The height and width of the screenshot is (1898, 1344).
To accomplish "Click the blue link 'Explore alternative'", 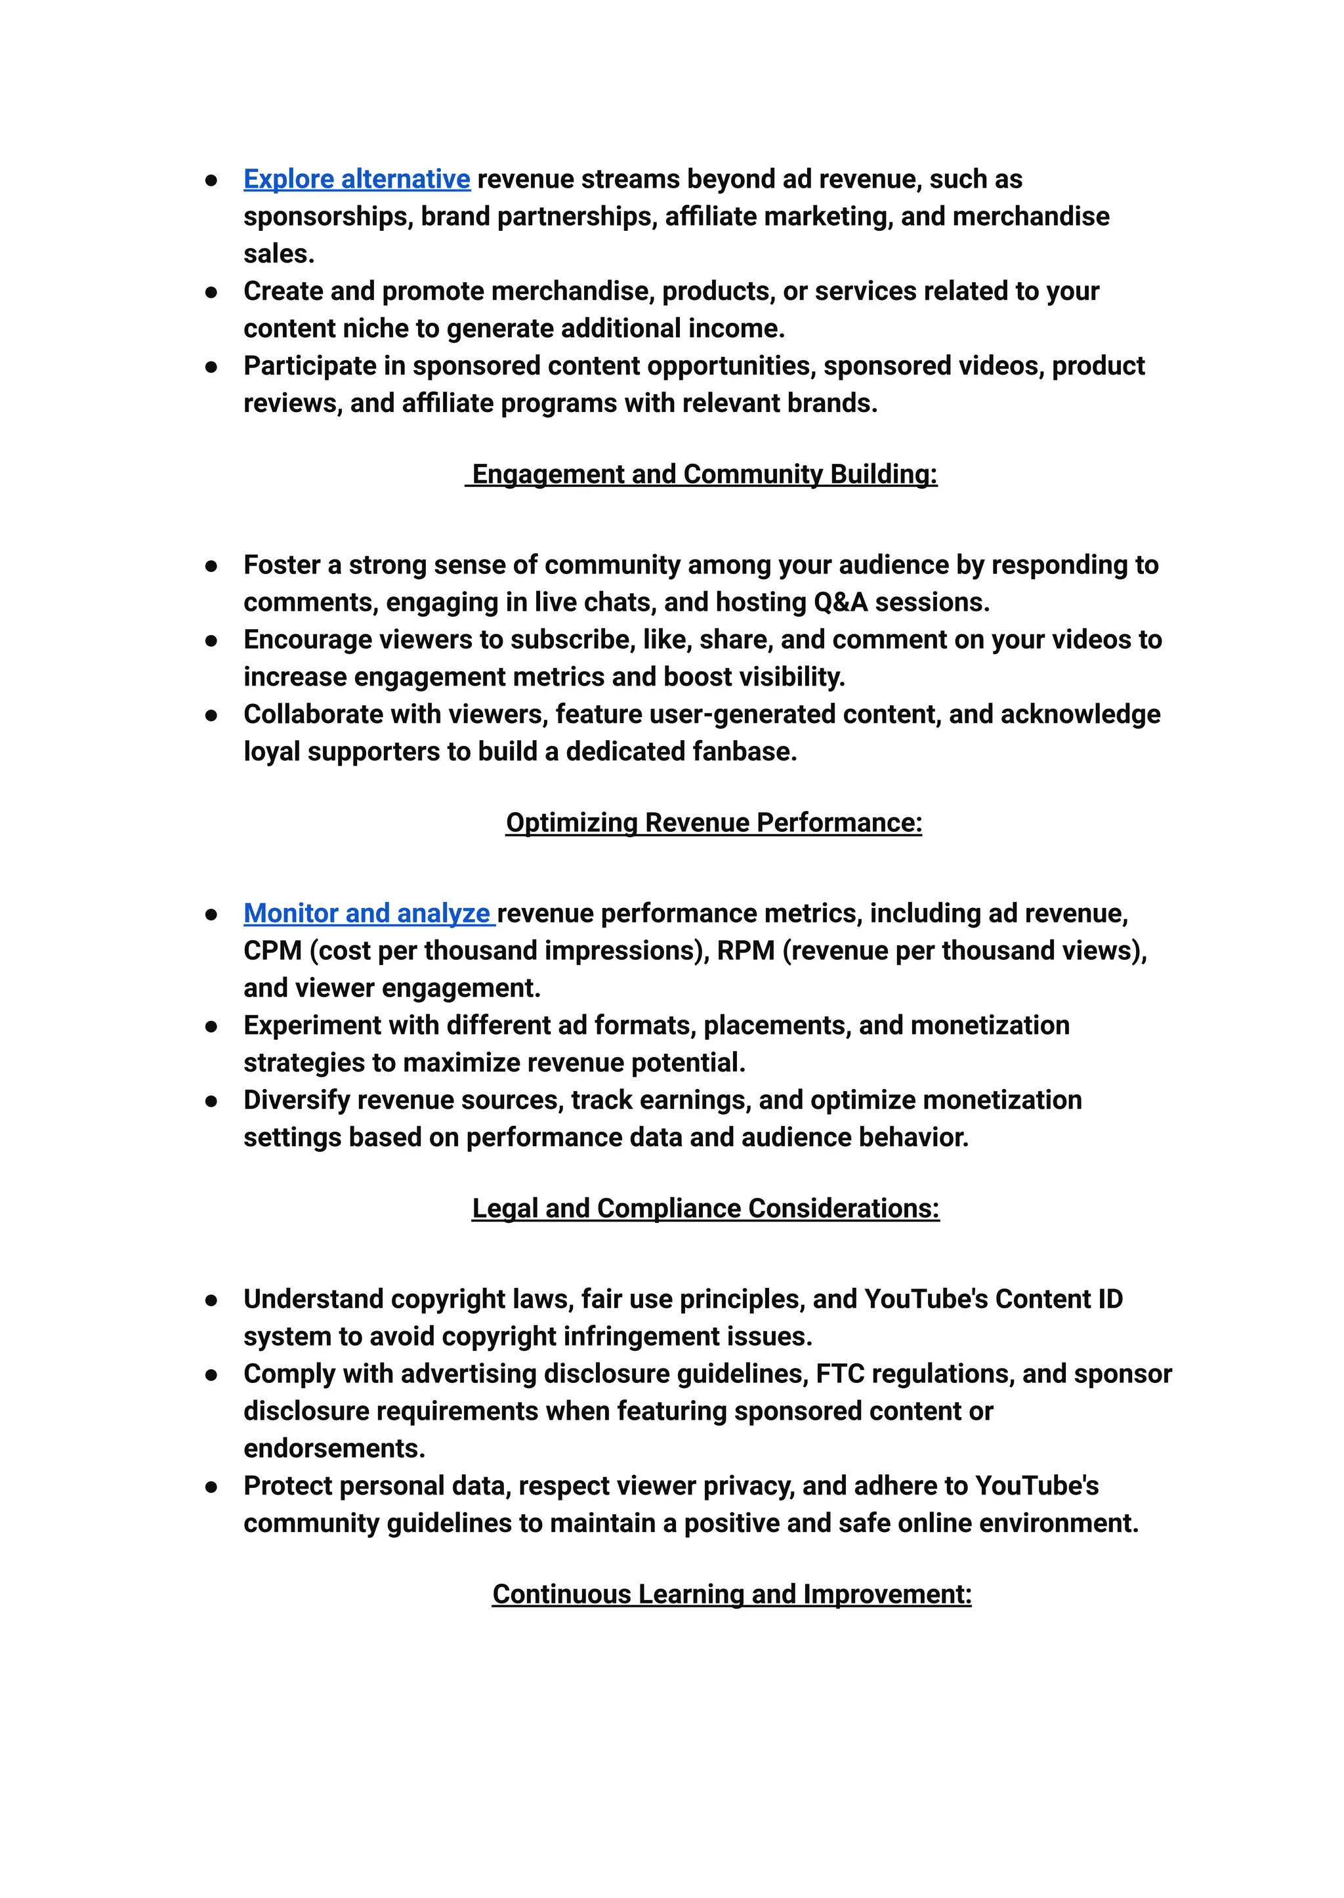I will coord(357,180).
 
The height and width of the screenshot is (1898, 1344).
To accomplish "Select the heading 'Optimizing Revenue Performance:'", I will coord(713,823).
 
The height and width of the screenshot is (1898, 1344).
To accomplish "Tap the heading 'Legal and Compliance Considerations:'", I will coord(705,1208).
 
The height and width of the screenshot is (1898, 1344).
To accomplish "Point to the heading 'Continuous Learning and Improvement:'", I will coord(732,1594).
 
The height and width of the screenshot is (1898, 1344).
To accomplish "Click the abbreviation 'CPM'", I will coord(272,951).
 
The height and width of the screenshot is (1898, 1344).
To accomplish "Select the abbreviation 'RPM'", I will coord(745,951).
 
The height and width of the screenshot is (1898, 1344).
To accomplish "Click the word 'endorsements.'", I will coord(334,1448).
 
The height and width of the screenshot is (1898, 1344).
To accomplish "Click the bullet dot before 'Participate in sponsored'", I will coord(211,367).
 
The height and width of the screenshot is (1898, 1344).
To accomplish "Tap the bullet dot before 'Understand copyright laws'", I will coord(211,1300).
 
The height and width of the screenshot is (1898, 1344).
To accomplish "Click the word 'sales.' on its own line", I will coord(279,254).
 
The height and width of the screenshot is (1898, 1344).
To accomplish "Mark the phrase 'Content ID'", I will coord(1059,1299).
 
